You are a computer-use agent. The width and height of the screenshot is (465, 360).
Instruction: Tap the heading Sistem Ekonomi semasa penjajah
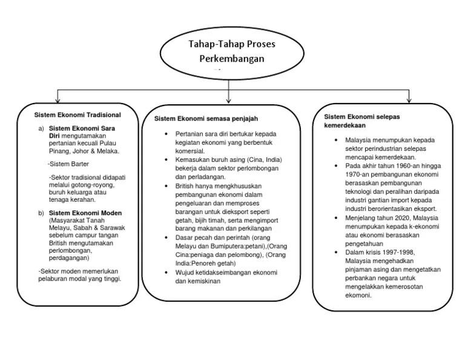210,119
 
